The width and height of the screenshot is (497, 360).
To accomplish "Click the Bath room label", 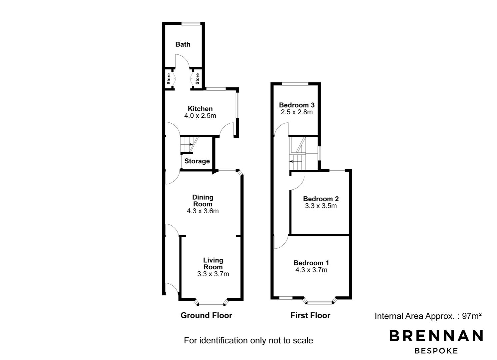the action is (183, 44).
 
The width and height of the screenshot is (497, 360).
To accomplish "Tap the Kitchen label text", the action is (200, 109).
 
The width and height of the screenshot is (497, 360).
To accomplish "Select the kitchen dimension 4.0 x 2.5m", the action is (200, 116).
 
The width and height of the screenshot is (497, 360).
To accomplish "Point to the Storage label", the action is (197, 161).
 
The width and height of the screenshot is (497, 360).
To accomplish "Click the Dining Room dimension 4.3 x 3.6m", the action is (203, 211).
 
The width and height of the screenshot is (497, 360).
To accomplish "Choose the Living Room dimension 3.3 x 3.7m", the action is (213, 274).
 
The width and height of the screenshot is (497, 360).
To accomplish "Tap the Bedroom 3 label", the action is (297, 105).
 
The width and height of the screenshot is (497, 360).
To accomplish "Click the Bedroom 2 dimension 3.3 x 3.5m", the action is (320, 206).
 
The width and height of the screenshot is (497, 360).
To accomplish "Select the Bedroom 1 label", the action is (311, 263).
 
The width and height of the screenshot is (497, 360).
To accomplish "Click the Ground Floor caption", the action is (206, 315).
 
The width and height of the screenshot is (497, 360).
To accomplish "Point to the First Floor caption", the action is (310, 315).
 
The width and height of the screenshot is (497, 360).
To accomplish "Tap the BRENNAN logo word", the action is (436, 336).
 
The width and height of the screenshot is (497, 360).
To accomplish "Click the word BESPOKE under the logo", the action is (436, 351).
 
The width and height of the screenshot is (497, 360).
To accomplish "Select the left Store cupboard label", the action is (169, 79).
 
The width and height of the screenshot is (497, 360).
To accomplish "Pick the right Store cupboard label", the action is (197, 79).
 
